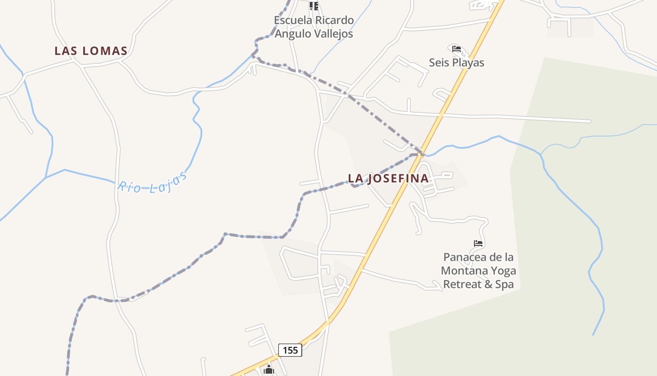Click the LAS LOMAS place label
pyautogui.click(x=91, y=51)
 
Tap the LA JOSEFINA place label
pyautogui.click(x=388, y=179)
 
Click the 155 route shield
pyautogui.click(x=290, y=350)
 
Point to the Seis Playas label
pyautogui.click(x=456, y=63)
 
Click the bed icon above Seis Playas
pyautogui.click(x=457, y=49)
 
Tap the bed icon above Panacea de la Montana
pyautogui.click(x=478, y=243)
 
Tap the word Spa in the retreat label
pyautogui.click(x=504, y=284)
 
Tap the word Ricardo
pyautogui.click(x=334, y=20)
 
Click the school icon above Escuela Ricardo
pyautogui.click(x=313, y=6)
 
